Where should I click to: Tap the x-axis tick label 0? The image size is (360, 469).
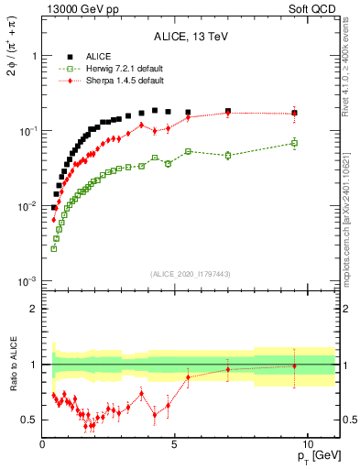tap(43, 443)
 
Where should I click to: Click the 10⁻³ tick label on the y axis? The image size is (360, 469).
tap(26, 281)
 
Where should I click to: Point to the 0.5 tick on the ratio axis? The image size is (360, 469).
tap(28, 420)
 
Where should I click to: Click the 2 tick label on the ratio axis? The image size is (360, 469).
tap(33, 309)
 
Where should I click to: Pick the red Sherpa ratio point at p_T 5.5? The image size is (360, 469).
tap(188, 377)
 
